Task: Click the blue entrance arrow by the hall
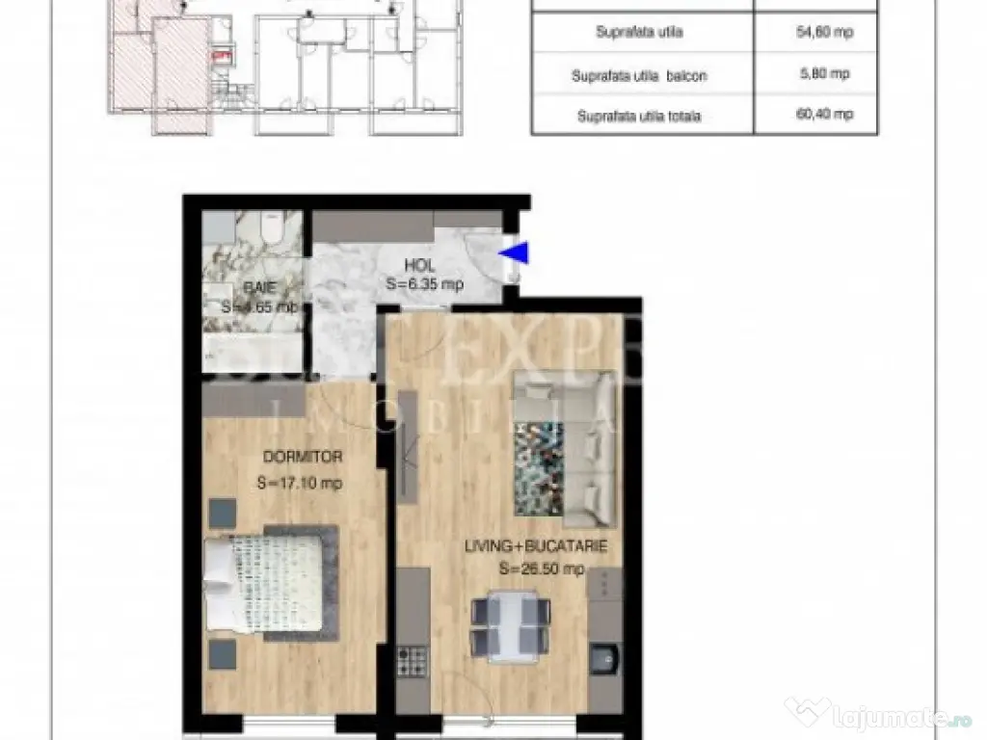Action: coord(518,252)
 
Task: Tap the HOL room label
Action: coord(419,265)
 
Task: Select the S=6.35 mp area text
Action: coord(424,284)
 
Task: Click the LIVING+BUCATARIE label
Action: coord(536,546)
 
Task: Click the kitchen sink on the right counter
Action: coord(605,661)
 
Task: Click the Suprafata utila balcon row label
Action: coord(639,75)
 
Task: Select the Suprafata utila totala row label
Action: coord(639,117)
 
